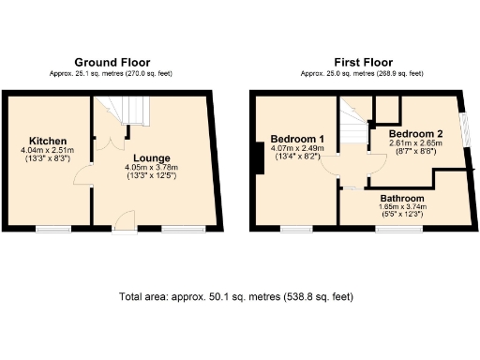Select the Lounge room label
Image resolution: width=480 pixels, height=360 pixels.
click(x=151, y=157)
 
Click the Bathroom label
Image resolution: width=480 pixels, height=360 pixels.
click(x=402, y=199)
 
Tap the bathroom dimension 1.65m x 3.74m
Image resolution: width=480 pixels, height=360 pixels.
click(x=402, y=208)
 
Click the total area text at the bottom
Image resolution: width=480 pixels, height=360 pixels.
click(x=236, y=296)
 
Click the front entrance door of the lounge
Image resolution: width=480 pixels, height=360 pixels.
click(x=123, y=223)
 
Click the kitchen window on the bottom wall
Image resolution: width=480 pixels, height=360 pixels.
click(x=53, y=229)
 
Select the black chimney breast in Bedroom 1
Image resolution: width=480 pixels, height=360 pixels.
click(x=258, y=157)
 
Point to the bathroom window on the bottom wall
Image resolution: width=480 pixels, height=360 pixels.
click(x=392, y=229)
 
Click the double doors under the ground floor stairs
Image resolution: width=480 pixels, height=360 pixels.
click(x=114, y=142)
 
